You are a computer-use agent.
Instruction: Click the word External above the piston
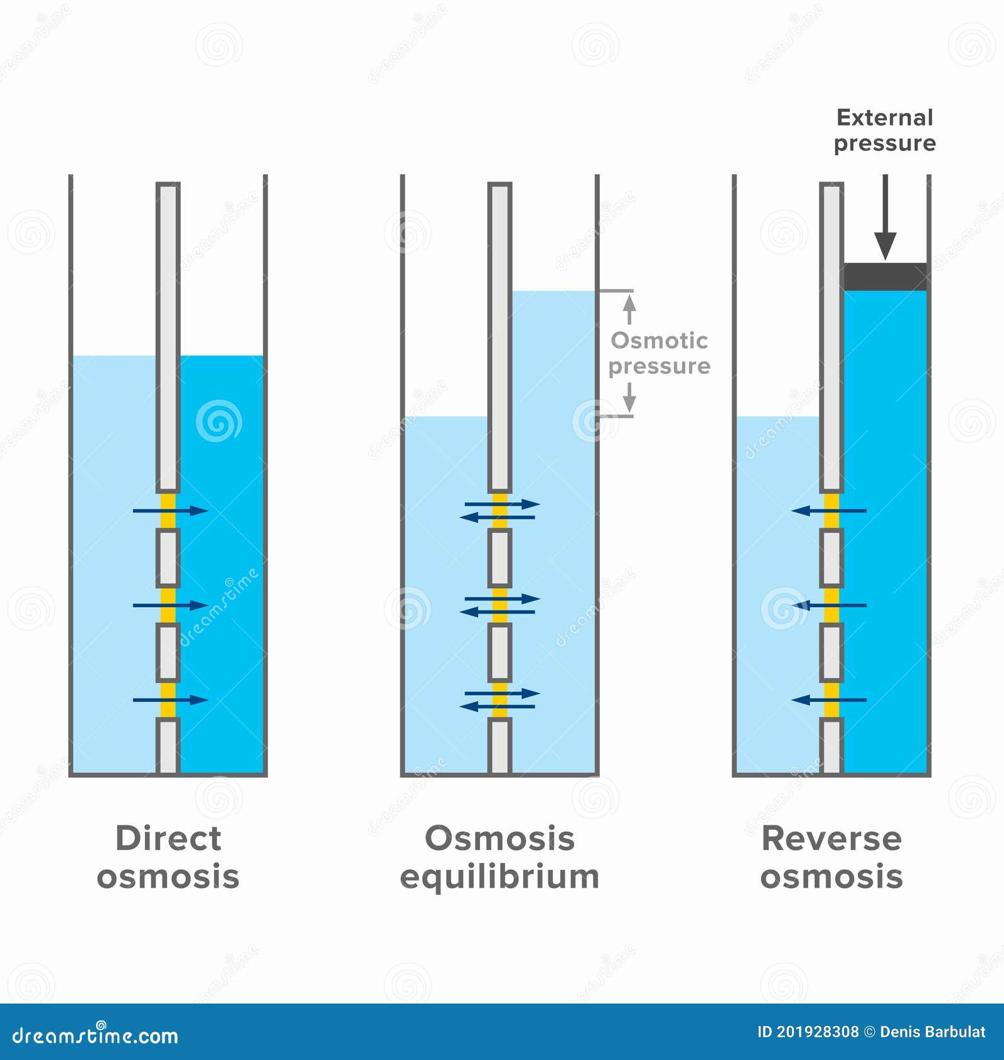tap(885, 118)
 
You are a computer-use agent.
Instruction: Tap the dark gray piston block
tap(885, 277)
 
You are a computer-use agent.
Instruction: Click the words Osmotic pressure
tap(660, 353)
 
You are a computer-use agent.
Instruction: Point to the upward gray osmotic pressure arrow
tap(629, 309)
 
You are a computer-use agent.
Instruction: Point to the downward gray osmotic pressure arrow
tap(629, 397)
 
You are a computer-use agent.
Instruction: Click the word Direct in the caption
tap(168, 839)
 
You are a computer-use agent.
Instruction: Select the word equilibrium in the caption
tap(499, 877)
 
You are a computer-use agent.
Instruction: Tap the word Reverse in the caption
tap(831, 839)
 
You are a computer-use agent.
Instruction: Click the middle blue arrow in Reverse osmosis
tap(829, 605)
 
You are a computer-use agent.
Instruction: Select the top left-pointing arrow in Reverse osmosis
tap(829, 511)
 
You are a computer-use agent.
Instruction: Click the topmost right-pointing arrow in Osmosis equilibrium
tap(502, 504)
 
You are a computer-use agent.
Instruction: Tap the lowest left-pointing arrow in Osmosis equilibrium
tap(497, 707)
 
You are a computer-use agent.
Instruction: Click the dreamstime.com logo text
tap(95, 1036)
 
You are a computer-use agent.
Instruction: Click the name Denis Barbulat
tap(932, 1032)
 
